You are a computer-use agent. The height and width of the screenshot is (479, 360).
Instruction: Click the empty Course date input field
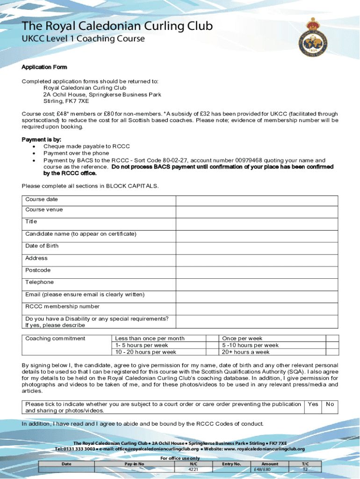point(257,200)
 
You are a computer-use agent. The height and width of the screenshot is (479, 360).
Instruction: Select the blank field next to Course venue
point(257,212)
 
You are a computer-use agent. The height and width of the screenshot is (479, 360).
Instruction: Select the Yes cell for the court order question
point(313,405)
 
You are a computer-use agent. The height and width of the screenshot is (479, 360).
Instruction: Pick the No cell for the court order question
point(330,405)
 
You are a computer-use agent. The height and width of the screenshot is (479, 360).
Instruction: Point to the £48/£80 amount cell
point(270,469)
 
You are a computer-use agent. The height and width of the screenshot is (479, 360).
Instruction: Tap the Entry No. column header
point(231,464)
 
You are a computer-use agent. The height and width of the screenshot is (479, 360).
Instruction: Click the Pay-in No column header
point(134,464)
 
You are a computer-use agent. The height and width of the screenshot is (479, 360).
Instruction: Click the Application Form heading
point(44,67)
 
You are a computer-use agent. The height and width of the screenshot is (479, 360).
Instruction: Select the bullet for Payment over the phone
point(34,153)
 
